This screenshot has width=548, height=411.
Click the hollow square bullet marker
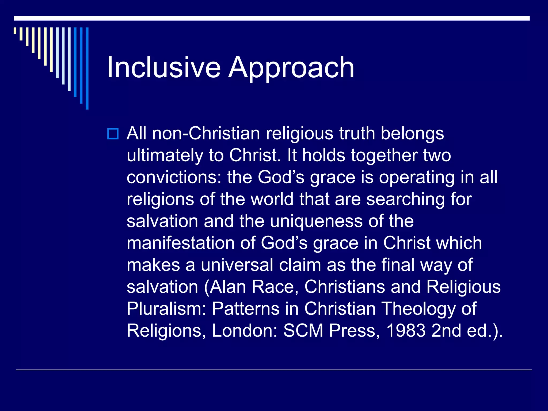coord(113,134)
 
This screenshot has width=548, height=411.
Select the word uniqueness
coord(316,222)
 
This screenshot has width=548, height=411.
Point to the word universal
coord(237,265)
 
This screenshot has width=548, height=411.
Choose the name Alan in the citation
coord(228,287)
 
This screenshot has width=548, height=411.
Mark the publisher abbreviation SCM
coord(303,331)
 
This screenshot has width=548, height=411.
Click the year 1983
coord(406,331)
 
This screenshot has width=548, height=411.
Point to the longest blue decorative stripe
coord(87,68)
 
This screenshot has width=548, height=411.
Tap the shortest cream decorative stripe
coord(15,31)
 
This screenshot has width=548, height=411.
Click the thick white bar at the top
coord(271,18)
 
